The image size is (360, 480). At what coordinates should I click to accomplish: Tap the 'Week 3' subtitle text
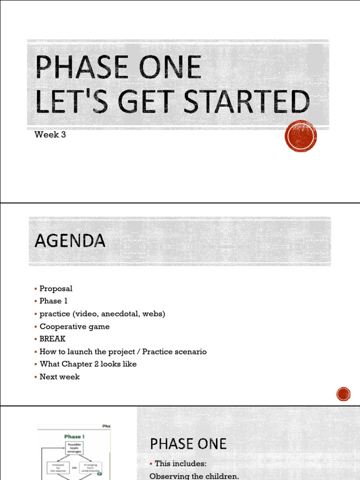50,135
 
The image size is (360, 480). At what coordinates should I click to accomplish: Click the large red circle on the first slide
300,136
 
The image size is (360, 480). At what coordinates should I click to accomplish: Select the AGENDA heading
70,241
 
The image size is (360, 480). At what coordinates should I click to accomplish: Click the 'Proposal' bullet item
56,289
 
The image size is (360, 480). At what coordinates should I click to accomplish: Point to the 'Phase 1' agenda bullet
53,301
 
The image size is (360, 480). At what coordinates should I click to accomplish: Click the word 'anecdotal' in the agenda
113,314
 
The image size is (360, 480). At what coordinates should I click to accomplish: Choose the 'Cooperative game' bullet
75,326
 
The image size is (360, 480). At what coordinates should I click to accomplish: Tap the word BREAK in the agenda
52,338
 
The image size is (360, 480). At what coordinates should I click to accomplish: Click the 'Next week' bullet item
60,376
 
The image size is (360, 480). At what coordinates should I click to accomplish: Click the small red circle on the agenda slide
343,394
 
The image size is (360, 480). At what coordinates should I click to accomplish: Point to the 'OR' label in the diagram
74,467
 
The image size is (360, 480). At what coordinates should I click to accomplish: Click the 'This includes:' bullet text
180,464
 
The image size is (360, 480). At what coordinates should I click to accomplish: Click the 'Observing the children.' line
194,476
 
